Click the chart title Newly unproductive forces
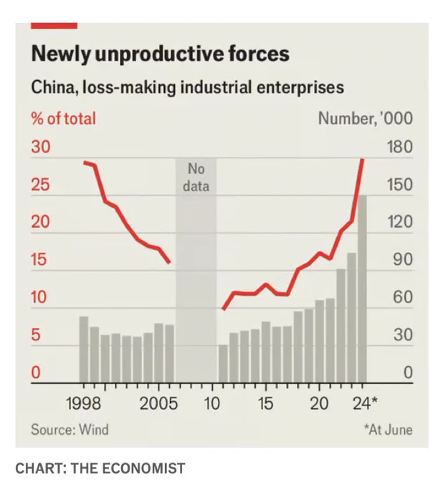(161, 54)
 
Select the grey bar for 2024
(362, 289)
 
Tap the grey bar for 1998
(84, 349)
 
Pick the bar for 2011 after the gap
(223, 364)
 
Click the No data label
(196, 178)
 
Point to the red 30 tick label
(40, 147)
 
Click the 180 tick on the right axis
(399, 147)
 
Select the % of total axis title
(63, 119)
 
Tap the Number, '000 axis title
(366, 119)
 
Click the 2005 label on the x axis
(158, 404)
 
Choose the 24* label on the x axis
(365, 403)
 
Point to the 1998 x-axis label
(83, 404)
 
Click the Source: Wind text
(70, 430)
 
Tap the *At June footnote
(389, 430)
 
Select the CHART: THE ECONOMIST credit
(100, 468)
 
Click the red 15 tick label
(39, 260)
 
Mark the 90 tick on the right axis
(403, 260)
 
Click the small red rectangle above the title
(54, 26)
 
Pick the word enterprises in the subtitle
(300, 87)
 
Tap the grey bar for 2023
(351, 318)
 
